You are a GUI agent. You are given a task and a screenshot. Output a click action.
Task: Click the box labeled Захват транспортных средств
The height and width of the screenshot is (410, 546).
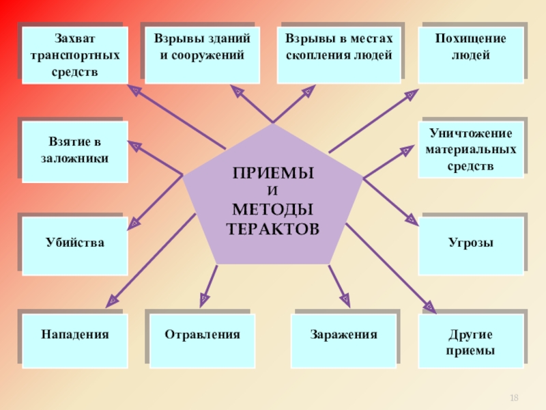(74, 55)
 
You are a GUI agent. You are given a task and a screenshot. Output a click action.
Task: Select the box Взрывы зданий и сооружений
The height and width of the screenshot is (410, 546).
(201, 55)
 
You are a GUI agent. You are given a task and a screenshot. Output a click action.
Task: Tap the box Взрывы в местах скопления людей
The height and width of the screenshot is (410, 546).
(339, 55)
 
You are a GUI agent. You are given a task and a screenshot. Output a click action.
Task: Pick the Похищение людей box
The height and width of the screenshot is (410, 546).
(471, 55)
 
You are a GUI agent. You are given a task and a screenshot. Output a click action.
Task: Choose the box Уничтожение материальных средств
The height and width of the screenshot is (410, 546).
(471, 148)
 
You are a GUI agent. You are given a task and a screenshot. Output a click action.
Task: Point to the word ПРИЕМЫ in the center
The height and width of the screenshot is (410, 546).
(273, 174)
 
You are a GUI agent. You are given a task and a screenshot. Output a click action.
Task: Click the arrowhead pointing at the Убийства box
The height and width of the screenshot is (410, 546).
(134, 223)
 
